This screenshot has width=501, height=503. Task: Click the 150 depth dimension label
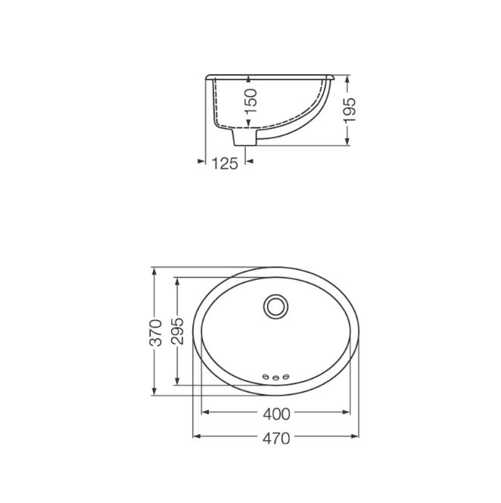point(251,101)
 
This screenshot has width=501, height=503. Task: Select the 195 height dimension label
point(350,110)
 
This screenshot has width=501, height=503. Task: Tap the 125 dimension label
point(225,163)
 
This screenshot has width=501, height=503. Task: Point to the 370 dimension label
point(156,332)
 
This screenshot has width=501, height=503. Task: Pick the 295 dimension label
point(177,331)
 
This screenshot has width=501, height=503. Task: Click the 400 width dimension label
point(276,415)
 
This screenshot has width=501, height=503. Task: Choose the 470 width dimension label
point(276,439)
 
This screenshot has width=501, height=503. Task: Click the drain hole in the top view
point(276,307)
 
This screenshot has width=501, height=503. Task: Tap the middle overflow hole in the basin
point(275,378)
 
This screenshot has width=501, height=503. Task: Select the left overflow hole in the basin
point(266,376)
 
